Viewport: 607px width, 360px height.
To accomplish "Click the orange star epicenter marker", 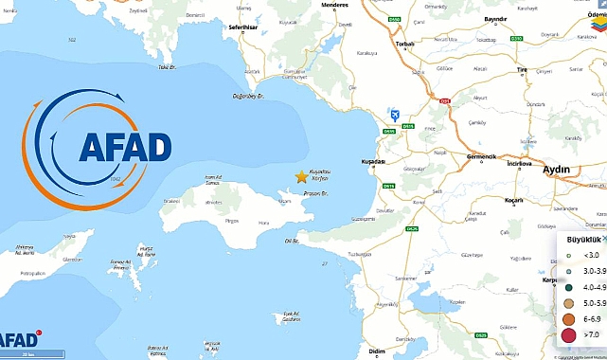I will click(302, 176).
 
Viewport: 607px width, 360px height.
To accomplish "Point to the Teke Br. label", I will click(168, 67).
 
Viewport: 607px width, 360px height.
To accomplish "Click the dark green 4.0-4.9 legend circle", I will click(568, 285).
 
